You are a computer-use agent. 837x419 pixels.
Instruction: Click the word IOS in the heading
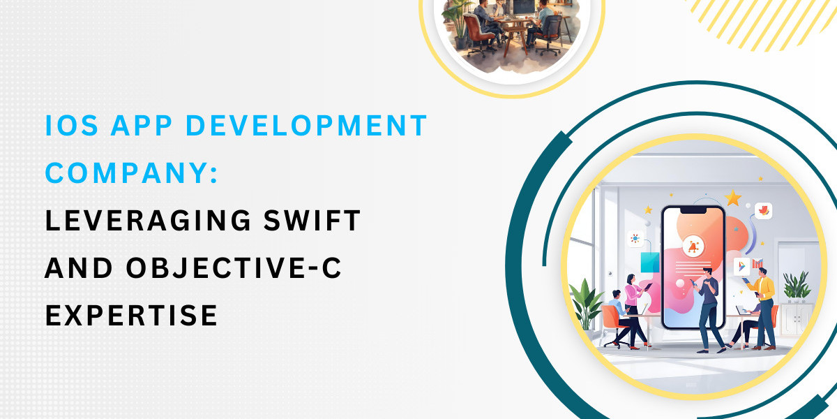pos(71,125)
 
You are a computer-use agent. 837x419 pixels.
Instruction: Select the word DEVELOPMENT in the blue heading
pos(306,125)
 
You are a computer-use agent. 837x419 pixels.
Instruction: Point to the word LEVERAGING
pos(148,221)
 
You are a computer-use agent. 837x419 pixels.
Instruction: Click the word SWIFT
pos(312,221)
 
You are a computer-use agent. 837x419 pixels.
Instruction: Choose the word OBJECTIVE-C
pos(234,268)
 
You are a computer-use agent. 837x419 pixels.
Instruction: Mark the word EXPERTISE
pos(131,316)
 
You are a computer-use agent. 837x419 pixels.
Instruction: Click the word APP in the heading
pos(142,125)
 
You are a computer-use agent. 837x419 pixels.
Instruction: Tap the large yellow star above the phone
pos(733,198)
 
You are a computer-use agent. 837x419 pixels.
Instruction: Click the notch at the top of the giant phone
pos(693,212)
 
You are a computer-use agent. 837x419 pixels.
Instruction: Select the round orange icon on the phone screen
pos(693,247)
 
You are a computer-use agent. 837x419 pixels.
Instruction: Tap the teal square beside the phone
pos(650,263)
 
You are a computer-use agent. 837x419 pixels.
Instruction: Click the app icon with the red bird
pos(763,211)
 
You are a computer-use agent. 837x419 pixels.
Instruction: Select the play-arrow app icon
pos(741,266)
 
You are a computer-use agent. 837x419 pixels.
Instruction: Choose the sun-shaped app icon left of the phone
pos(635,239)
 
